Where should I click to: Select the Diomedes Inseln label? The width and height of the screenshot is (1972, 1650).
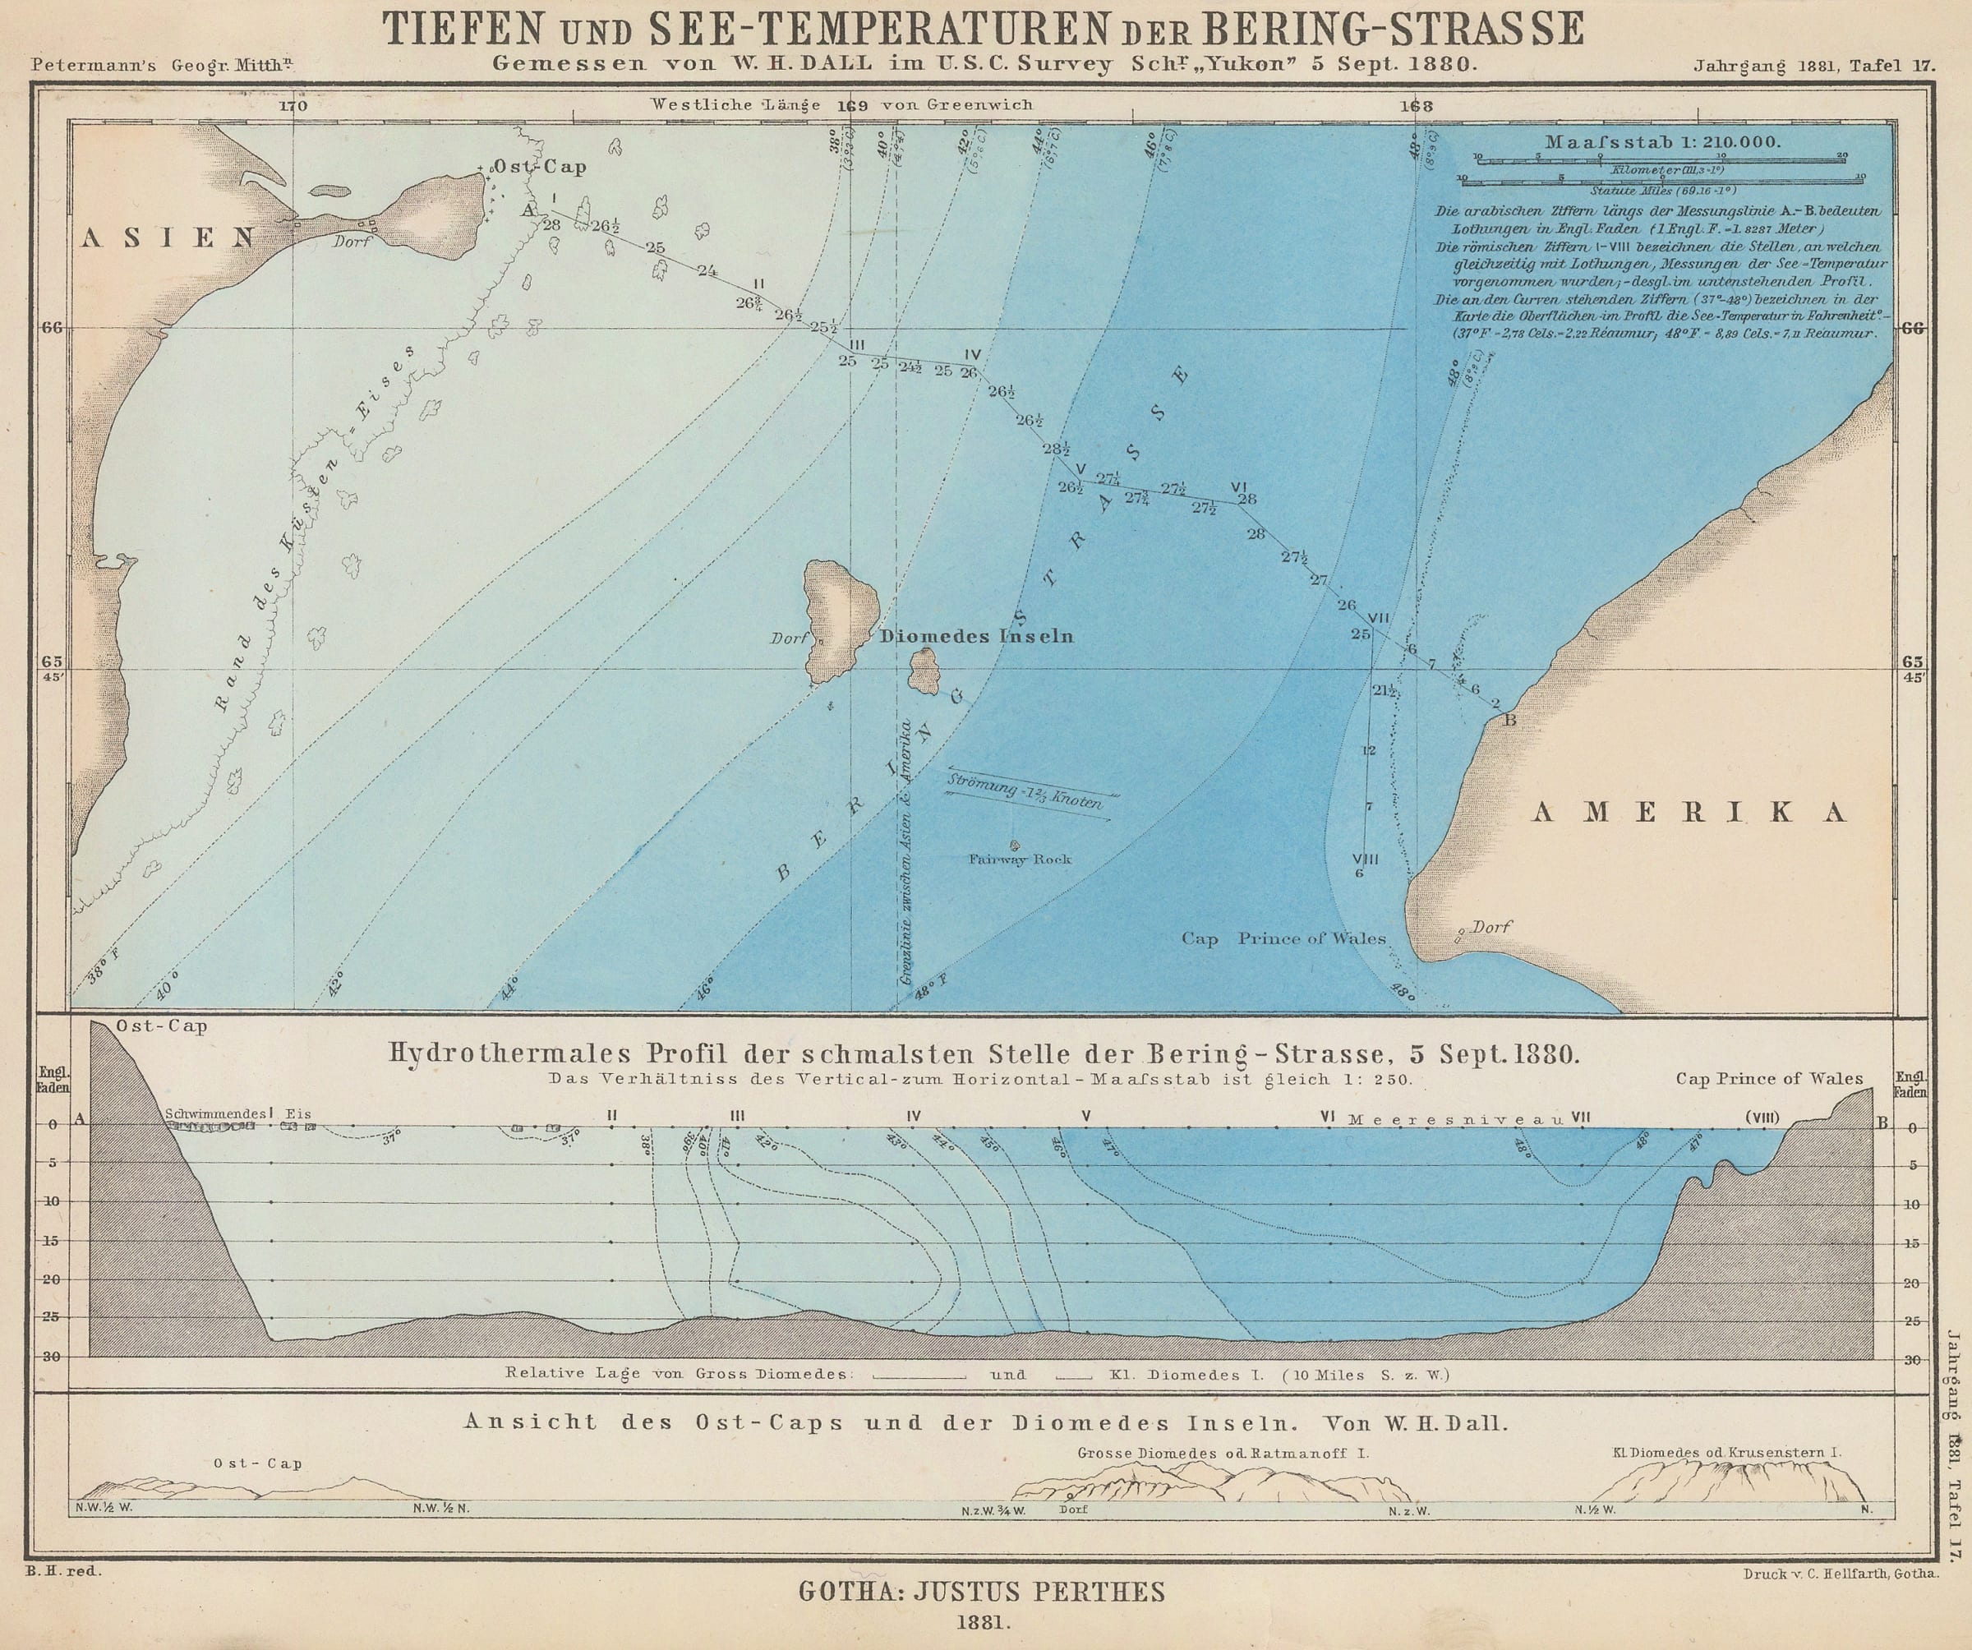[977, 637]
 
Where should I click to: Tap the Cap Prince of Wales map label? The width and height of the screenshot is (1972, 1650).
[1283, 938]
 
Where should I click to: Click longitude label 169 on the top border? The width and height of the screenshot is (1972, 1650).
[852, 106]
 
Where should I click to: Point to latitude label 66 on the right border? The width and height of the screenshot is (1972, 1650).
[1913, 328]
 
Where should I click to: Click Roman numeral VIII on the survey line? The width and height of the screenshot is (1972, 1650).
[1365, 859]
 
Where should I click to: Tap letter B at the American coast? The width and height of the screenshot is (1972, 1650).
[1509, 721]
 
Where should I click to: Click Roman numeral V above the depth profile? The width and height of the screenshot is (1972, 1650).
[1086, 1117]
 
